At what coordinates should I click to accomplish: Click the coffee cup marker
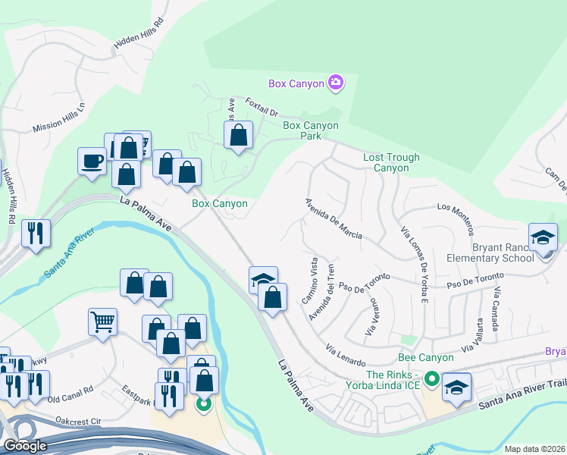click(x=92, y=162)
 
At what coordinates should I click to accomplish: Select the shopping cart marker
click(x=102, y=322)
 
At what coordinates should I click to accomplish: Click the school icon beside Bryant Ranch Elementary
click(x=543, y=237)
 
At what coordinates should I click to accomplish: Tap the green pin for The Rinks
click(x=431, y=377)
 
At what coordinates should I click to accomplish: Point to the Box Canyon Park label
click(x=312, y=130)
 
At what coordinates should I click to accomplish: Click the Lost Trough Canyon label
click(x=391, y=162)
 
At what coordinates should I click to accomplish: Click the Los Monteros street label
click(x=455, y=218)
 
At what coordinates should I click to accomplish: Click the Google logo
click(x=26, y=446)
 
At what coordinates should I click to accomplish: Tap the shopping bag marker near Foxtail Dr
click(x=238, y=136)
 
